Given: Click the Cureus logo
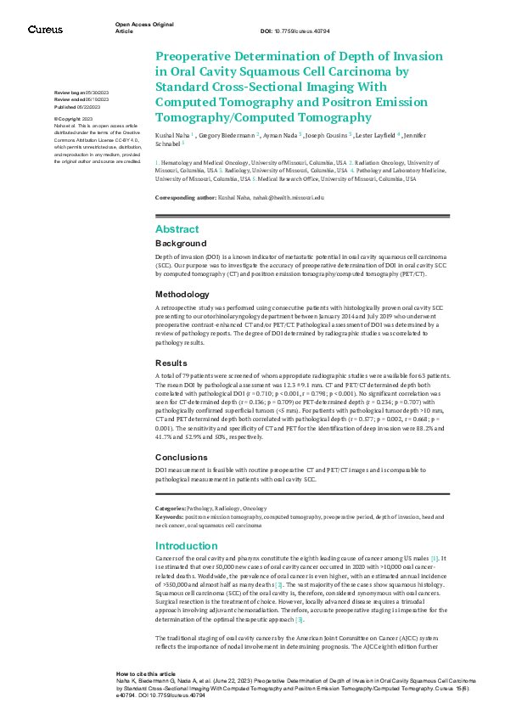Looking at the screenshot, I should click(45, 30).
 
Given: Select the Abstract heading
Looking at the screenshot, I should click(177, 228).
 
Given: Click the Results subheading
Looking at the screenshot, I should click(171, 362).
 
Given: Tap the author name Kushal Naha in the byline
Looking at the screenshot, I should click(172, 135).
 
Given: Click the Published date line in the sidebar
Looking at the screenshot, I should click(76, 108).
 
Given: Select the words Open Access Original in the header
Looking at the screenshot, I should click(143, 25).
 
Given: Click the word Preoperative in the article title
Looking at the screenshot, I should click(204, 57).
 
